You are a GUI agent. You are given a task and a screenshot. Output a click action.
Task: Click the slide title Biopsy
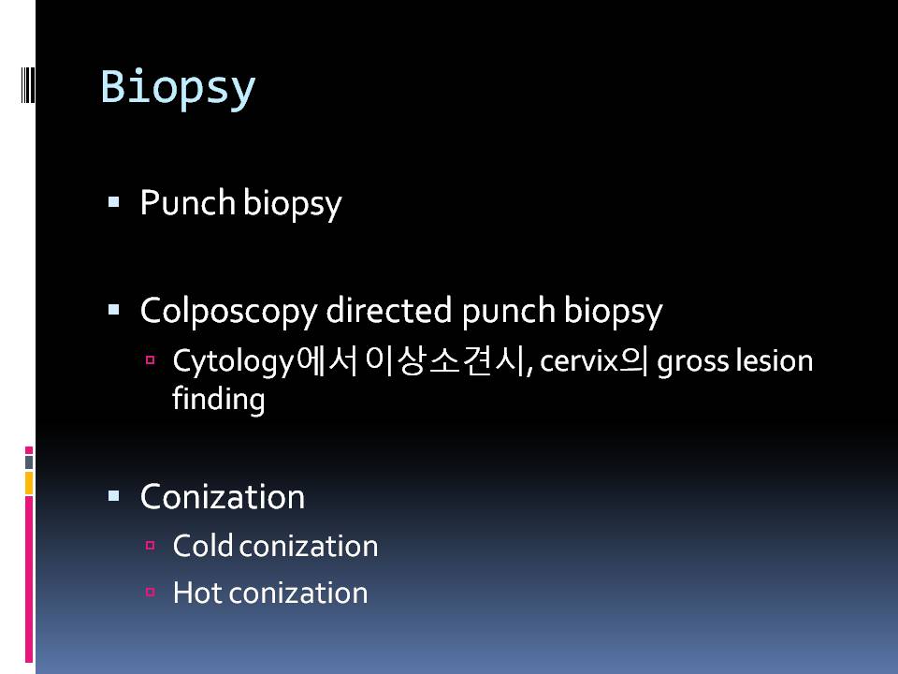pyautogui.click(x=178, y=88)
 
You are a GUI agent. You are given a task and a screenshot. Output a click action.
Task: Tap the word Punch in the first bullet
pyautogui.click(x=188, y=202)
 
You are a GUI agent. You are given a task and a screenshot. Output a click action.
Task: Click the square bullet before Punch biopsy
pyautogui.click(x=113, y=202)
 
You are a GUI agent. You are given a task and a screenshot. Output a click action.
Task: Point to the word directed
pyautogui.click(x=389, y=310)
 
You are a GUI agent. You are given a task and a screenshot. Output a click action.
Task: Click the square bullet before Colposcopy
pyautogui.click(x=113, y=310)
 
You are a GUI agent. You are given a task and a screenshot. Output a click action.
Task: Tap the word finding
pyautogui.click(x=218, y=400)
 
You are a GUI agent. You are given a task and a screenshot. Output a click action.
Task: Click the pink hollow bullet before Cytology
pyautogui.click(x=150, y=360)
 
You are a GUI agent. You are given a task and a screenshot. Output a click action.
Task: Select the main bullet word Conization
pyautogui.click(x=223, y=496)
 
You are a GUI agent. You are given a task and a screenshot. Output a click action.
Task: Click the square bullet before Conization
pyautogui.click(x=113, y=496)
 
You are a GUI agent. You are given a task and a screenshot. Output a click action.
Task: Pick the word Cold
pyautogui.click(x=203, y=545)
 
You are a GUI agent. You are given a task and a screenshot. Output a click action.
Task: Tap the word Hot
pyautogui.click(x=197, y=592)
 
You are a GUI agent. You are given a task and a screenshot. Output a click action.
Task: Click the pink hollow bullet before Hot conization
pyautogui.click(x=150, y=592)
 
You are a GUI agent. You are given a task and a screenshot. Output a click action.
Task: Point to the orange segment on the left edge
pyautogui.click(x=29, y=483)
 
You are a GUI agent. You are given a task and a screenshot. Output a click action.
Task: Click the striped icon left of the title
pyautogui.click(x=28, y=85)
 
